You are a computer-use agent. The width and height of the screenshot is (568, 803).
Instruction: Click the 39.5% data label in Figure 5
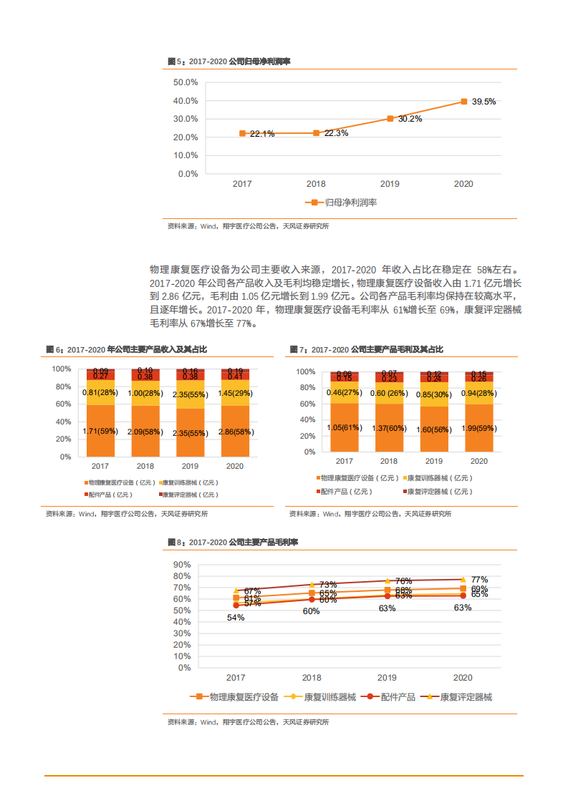pyautogui.click(x=483, y=102)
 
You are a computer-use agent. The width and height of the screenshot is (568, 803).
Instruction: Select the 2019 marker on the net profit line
pyautogui.click(x=390, y=119)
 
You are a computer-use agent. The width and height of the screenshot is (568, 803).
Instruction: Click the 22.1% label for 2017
pyautogui.click(x=261, y=134)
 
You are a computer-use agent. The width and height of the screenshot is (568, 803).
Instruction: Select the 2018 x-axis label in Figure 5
pyautogui.click(x=316, y=184)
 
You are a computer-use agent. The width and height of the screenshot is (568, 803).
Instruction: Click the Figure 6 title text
pyautogui.click(x=127, y=349)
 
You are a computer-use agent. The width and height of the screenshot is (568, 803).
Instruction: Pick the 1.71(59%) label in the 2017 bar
pyautogui.click(x=100, y=432)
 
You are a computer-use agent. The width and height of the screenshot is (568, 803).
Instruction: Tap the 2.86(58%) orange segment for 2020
pyautogui.click(x=235, y=432)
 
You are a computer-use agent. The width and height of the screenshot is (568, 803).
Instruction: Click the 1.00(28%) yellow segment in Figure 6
pyautogui.click(x=145, y=393)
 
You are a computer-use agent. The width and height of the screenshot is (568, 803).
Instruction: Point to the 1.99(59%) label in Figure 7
pyautogui.click(x=478, y=428)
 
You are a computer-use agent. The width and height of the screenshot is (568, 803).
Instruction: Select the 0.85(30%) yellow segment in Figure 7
pyautogui.click(x=433, y=394)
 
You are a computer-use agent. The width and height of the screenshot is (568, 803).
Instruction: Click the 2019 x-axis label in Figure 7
pyautogui.click(x=433, y=462)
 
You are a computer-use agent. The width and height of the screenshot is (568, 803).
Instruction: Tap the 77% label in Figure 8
pyautogui.click(x=479, y=580)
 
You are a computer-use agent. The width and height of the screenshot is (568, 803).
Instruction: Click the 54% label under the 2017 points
pyautogui.click(x=236, y=618)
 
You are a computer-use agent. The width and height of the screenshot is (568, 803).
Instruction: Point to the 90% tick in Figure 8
pyautogui.click(x=182, y=565)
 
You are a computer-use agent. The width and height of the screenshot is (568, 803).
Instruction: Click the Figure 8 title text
pyautogui.click(x=233, y=543)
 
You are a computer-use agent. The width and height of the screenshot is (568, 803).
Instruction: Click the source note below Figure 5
pyautogui.click(x=248, y=226)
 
